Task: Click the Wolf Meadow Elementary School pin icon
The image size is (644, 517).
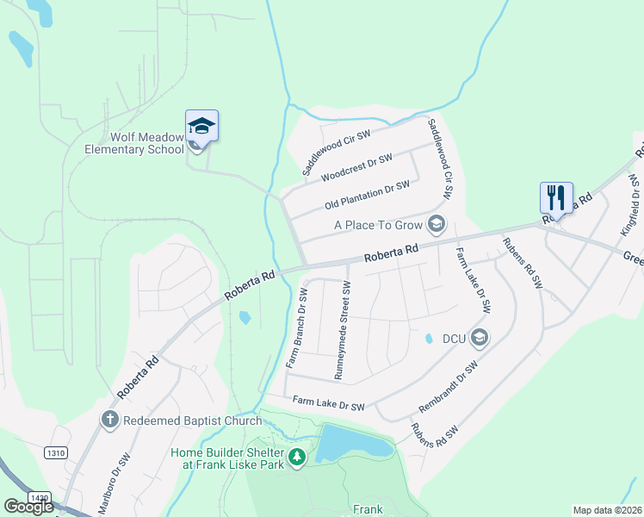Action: (x=201, y=127)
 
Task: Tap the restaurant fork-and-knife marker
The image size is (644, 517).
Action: (x=556, y=198)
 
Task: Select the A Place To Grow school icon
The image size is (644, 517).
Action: (x=437, y=225)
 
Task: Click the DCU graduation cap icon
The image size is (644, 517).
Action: (x=480, y=338)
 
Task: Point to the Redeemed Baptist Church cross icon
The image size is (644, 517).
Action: (x=109, y=420)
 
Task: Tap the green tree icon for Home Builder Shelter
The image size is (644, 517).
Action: (x=297, y=456)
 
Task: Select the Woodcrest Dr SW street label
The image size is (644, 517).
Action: (x=356, y=167)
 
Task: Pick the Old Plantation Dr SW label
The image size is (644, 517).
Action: (x=367, y=195)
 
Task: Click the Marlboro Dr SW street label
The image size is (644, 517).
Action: (x=114, y=483)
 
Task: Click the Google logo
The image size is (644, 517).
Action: (x=28, y=507)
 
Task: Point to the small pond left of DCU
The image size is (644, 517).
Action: (x=429, y=339)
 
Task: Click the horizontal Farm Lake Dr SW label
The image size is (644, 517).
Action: (x=328, y=402)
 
